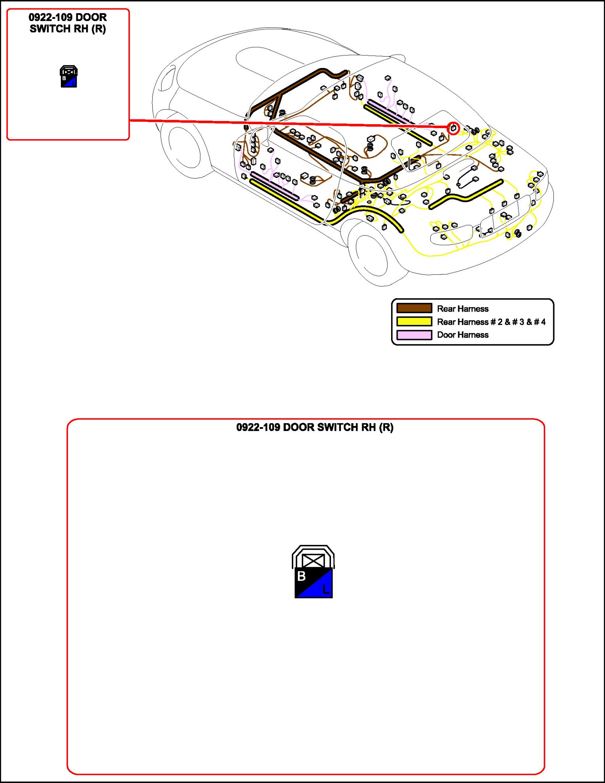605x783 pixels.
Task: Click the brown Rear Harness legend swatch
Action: click(x=414, y=308)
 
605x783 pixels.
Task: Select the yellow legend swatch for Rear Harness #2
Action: click(x=414, y=322)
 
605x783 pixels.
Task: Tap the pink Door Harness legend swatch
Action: click(x=414, y=335)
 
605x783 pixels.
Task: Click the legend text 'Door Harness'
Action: click(x=463, y=335)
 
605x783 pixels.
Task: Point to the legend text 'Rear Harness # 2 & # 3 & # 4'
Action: click(x=491, y=322)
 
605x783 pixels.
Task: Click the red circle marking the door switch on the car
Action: click(x=453, y=128)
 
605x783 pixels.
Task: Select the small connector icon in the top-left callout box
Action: click(x=68, y=76)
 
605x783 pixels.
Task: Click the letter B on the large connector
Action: click(x=301, y=576)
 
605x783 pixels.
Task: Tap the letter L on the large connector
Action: click(x=325, y=589)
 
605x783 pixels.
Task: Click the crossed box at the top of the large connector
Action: click(x=313, y=561)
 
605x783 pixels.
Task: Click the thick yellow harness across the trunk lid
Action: click(x=467, y=195)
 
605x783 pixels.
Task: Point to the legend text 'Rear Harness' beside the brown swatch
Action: click(x=463, y=308)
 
